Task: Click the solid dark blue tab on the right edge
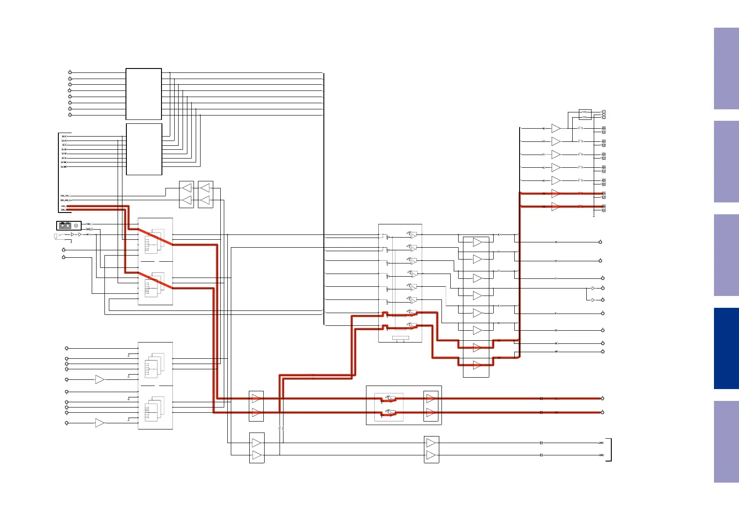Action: pyautogui.click(x=726, y=348)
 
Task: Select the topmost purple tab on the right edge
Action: pyautogui.click(x=726, y=69)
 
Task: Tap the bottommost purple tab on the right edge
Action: pyautogui.click(x=726, y=441)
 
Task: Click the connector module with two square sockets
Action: pyautogui.click(x=65, y=225)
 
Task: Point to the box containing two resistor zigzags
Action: pyautogui.click(x=585, y=115)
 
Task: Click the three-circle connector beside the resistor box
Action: pyautogui.click(x=604, y=115)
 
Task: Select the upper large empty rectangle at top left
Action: pyautogui.click(x=143, y=94)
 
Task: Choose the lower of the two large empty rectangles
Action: pyautogui.click(x=144, y=149)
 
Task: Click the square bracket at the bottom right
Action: pyautogui.click(x=610, y=449)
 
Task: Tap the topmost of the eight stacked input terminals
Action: pyautogui.click(x=70, y=72)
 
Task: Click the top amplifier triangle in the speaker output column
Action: pyautogui.click(x=556, y=128)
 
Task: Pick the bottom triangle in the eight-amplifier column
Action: pyautogui.click(x=477, y=365)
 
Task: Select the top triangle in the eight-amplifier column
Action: pyautogui.click(x=477, y=242)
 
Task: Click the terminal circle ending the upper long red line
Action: pyautogui.click(x=603, y=398)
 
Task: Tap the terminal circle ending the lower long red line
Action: pyautogui.click(x=603, y=412)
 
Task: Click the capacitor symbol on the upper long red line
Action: pyautogui.click(x=542, y=398)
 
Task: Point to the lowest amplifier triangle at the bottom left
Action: pyautogui.click(x=100, y=423)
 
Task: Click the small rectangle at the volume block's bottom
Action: pyautogui.click(x=400, y=338)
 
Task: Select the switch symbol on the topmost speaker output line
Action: pyautogui.click(x=580, y=128)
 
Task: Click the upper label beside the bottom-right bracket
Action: pyautogui.click(x=601, y=443)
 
